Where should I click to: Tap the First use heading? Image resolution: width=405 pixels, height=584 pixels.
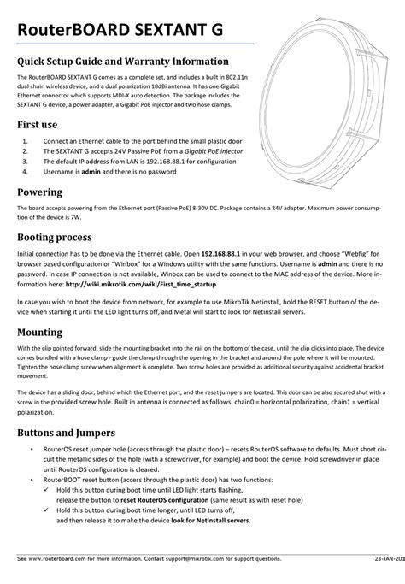pos(39,124)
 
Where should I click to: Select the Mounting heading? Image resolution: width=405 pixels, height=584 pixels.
pos(45,331)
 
